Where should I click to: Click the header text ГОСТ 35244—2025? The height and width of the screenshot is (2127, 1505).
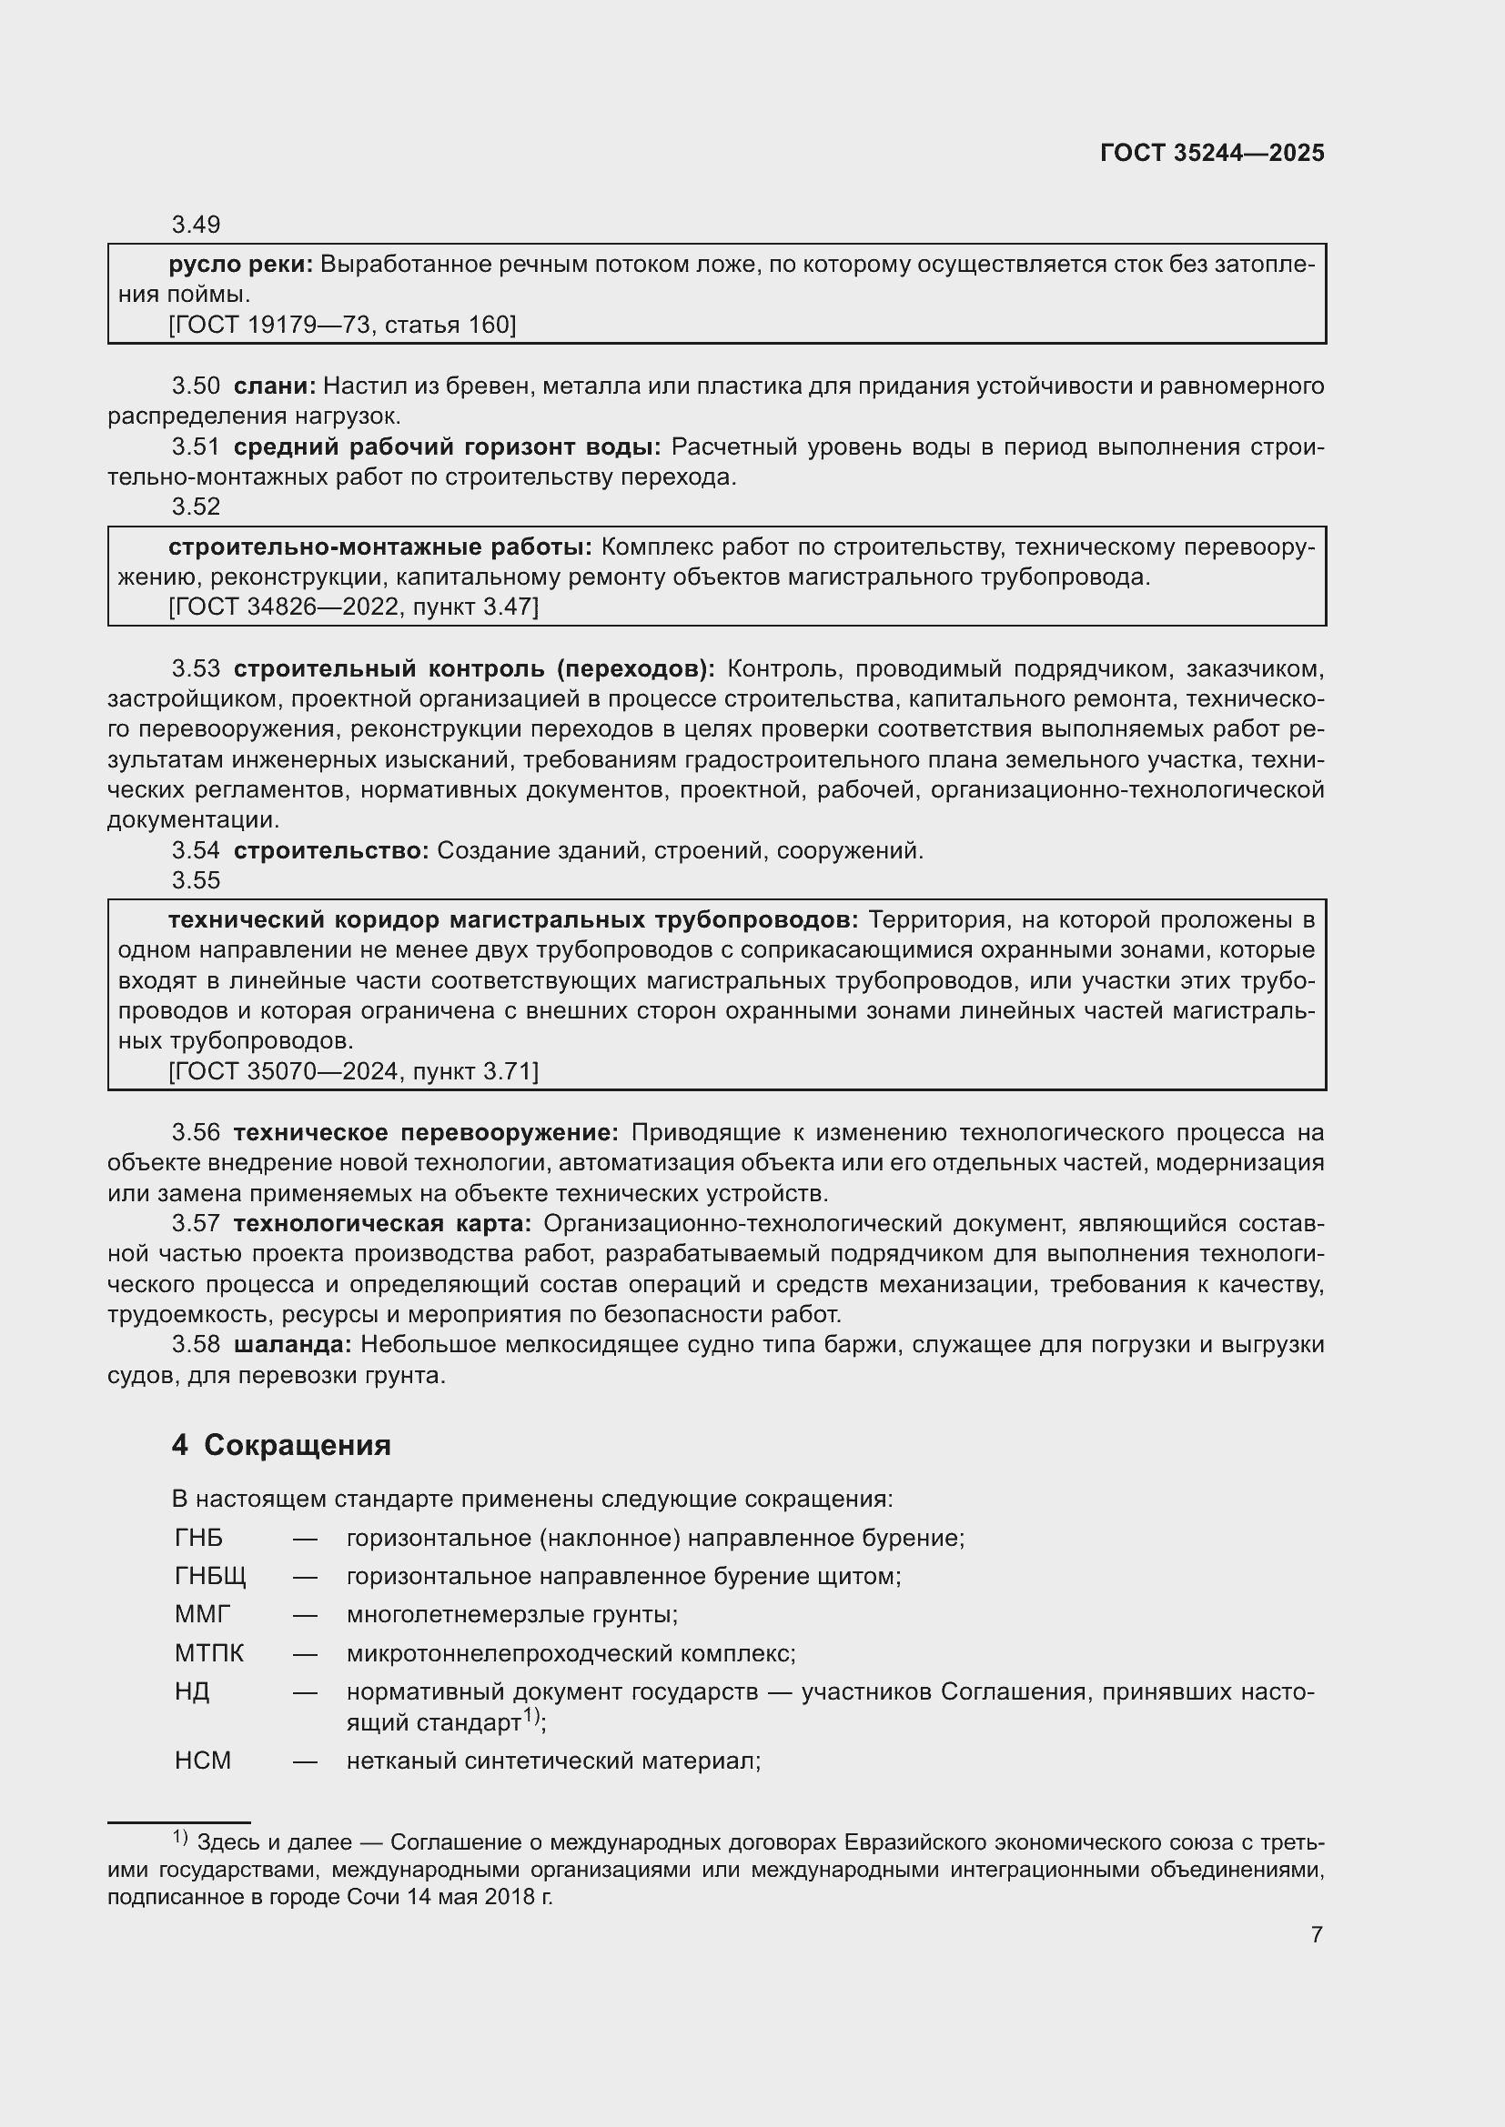pyautogui.click(x=1211, y=154)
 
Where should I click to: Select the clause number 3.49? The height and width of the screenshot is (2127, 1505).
pyautogui.click(x=196, y=226)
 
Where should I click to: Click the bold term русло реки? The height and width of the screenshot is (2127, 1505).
pyautogui.click(x=240, y=265)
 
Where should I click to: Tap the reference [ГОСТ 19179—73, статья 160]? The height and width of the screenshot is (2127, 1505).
pyautogui.click(x=342, y=326)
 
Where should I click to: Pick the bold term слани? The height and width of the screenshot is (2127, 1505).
pyautogui.click(x=274, y=386)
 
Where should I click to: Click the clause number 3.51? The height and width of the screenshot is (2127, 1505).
pyautogui.click(x=196, y=447)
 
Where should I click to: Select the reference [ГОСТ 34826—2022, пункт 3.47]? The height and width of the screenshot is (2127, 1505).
pyautogui.click(x=353, y=607)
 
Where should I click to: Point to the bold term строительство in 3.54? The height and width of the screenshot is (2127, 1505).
pyautogui.click(x=331, y=850)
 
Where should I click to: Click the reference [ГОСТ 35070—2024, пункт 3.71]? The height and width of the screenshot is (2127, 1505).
pyautogui.click(x=353, y=1072)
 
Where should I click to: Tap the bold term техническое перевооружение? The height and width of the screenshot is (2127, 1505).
pyautogui.click(x=425, y=1133)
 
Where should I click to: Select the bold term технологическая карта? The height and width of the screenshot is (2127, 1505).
pyautogui.click(x=382, y=1224)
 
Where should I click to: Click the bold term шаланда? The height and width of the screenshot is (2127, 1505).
pyautogui.click(x=292, y=1345)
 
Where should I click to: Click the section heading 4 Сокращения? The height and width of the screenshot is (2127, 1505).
pyautogui.click(x=281, y=1445)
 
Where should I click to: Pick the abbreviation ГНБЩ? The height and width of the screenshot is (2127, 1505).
pyautogui.click(x=210, y=1577)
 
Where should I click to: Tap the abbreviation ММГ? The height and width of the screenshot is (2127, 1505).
pyautogui.click(x=202, y=1615)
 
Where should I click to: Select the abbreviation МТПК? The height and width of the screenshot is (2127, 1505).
pyautogui.click(x=209, y=1653)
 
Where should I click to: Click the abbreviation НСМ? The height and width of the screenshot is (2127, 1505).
pyautogui.click(x=203, y=1761)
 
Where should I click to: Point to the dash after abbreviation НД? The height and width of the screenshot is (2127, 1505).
pyautogui.click(x=305, y=1692)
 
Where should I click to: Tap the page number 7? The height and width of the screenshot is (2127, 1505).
pyautogui.click(x=1316, y=1935)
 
